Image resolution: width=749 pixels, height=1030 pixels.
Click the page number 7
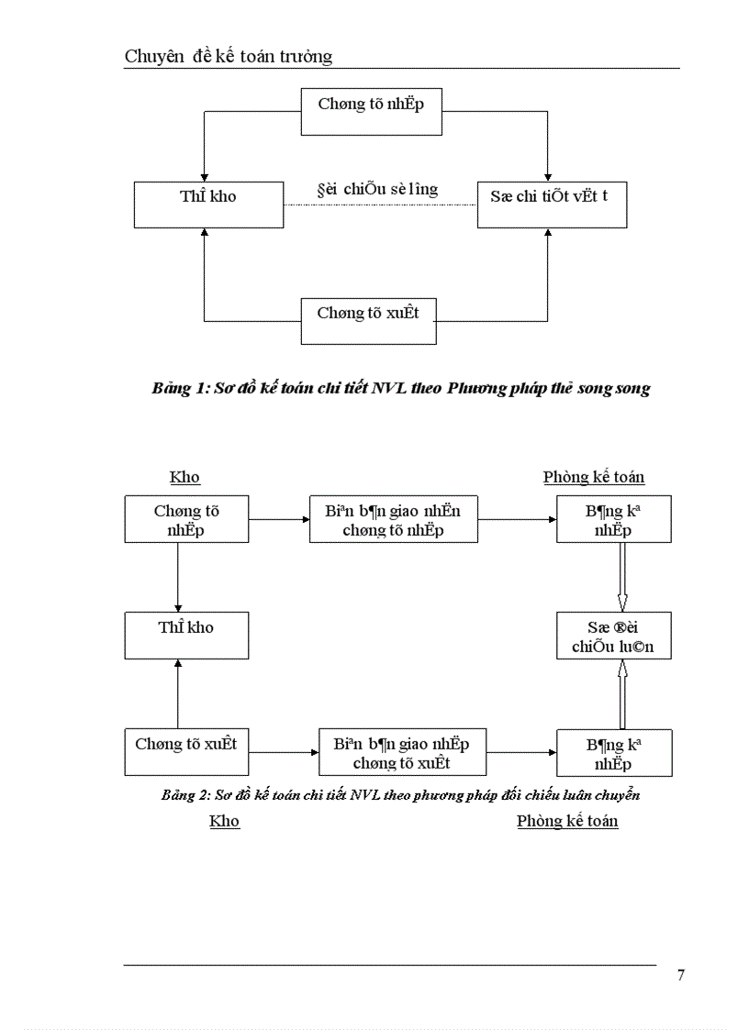tap(680, 975)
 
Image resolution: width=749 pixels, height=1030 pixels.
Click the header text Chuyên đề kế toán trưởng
tap(229, 57)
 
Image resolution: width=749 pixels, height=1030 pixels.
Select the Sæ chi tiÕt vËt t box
tap(552, 205)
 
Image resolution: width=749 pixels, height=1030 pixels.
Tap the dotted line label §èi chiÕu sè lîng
tap(376, 190)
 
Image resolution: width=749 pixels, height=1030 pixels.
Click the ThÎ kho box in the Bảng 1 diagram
tap(208, 205)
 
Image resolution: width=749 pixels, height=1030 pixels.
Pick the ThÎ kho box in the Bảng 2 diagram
tap(186, 636)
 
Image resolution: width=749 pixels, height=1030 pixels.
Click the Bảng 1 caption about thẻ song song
tap(401, 389)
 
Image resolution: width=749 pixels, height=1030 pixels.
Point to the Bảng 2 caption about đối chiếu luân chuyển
tap(400, 795)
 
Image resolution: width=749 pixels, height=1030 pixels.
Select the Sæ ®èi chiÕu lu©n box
tap(613, 636)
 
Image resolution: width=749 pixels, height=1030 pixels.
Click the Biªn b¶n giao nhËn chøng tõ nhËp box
tap(393, 520)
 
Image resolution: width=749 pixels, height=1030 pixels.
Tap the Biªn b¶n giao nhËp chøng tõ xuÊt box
tap(402, 752)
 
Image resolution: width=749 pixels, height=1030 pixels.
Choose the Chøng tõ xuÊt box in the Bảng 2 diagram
tap(186, 752)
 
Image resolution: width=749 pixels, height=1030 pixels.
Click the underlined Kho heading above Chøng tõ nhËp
tap(184, 477)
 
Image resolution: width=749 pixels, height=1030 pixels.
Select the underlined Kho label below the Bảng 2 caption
tap(224, 821)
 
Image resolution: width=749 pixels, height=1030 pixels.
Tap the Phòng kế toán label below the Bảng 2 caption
tap(567, 821)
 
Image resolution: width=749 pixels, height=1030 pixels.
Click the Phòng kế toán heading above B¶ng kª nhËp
tap(594, 477)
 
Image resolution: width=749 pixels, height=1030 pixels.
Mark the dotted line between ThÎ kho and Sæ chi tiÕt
tap(380, 205)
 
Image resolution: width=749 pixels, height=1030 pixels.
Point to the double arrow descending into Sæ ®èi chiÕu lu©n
tap(622, 578)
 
